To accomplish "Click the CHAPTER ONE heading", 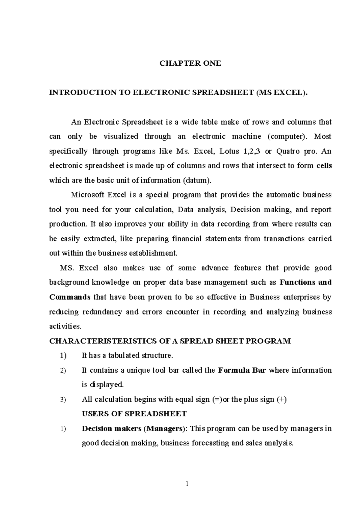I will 190,63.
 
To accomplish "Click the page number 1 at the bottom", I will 187,483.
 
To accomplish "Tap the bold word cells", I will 324,165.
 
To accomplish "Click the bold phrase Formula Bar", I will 242,370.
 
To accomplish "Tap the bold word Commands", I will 70,297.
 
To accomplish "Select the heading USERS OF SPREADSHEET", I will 134,414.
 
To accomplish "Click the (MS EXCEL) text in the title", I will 282,92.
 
